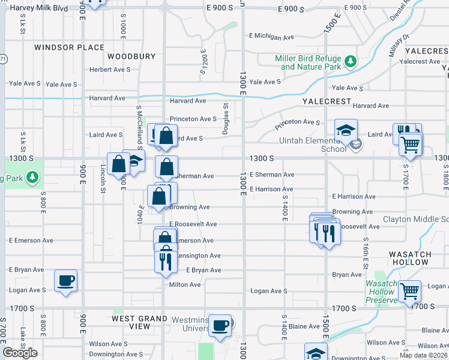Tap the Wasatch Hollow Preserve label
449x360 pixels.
pos(382,292)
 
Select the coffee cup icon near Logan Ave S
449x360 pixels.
pos(66,280)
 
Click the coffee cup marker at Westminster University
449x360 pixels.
pos(220,325)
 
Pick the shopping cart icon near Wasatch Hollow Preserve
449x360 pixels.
pos(409,292)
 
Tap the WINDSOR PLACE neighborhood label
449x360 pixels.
pos(69,47)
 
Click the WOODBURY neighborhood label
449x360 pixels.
pos(131,56)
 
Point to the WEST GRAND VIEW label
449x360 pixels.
pos(140,322)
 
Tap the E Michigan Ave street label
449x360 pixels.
pos(273,36)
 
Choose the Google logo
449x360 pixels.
pos(20,353)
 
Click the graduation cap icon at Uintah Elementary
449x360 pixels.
pos(346,130)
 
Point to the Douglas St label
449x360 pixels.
pos(227,119)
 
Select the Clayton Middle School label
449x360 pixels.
pos(415,219)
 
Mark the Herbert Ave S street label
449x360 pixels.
pos(110,70)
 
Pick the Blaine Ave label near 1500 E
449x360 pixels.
pos(304,326)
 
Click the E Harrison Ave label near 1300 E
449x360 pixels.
pos(271,189)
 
